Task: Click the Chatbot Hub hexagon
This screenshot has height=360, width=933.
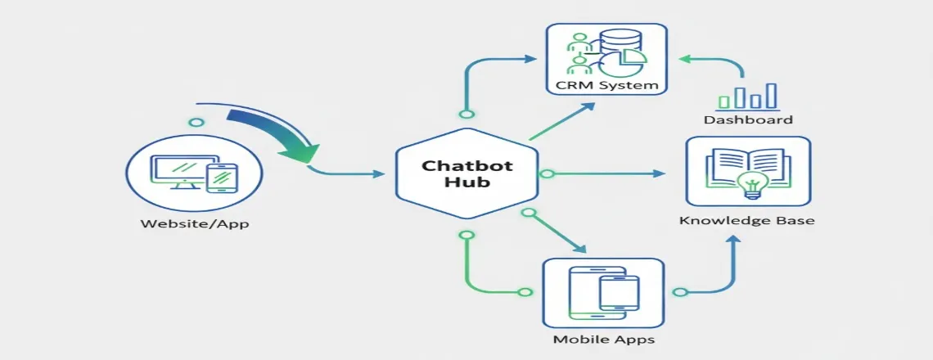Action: coord(466,173)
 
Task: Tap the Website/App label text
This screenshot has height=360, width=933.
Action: coord(195,223)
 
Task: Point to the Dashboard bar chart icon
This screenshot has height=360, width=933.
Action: coord(746,96)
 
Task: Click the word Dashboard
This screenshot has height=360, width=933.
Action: coord(748,120)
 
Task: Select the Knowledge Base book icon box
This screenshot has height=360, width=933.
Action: coord(747,171)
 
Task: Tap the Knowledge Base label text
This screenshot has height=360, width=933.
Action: coord(747,221)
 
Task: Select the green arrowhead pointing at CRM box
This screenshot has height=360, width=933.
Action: coord(685,59)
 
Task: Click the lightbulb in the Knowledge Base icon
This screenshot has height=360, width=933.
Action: coord(748,182)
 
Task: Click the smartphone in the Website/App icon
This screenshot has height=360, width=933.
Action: coord(222,178)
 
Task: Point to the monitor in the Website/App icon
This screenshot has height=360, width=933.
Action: coord(176,170)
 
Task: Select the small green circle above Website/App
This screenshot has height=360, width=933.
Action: coord(196,123)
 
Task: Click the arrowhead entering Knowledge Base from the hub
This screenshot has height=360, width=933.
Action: coord(660,173)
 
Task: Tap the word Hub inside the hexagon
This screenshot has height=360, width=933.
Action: coord(466,182)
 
